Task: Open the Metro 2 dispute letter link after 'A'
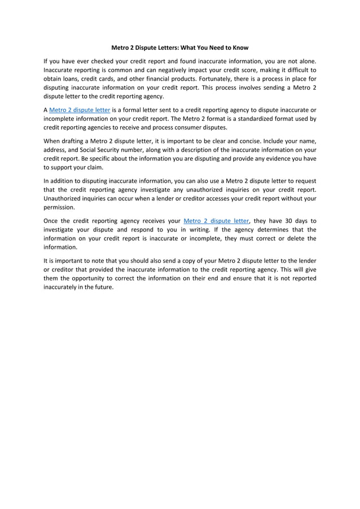[x=80, y=109]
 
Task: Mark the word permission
[x=59, y=207]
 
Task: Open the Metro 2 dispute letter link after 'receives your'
[x=216, y=221]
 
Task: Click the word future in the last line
[x=103, y=287]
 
